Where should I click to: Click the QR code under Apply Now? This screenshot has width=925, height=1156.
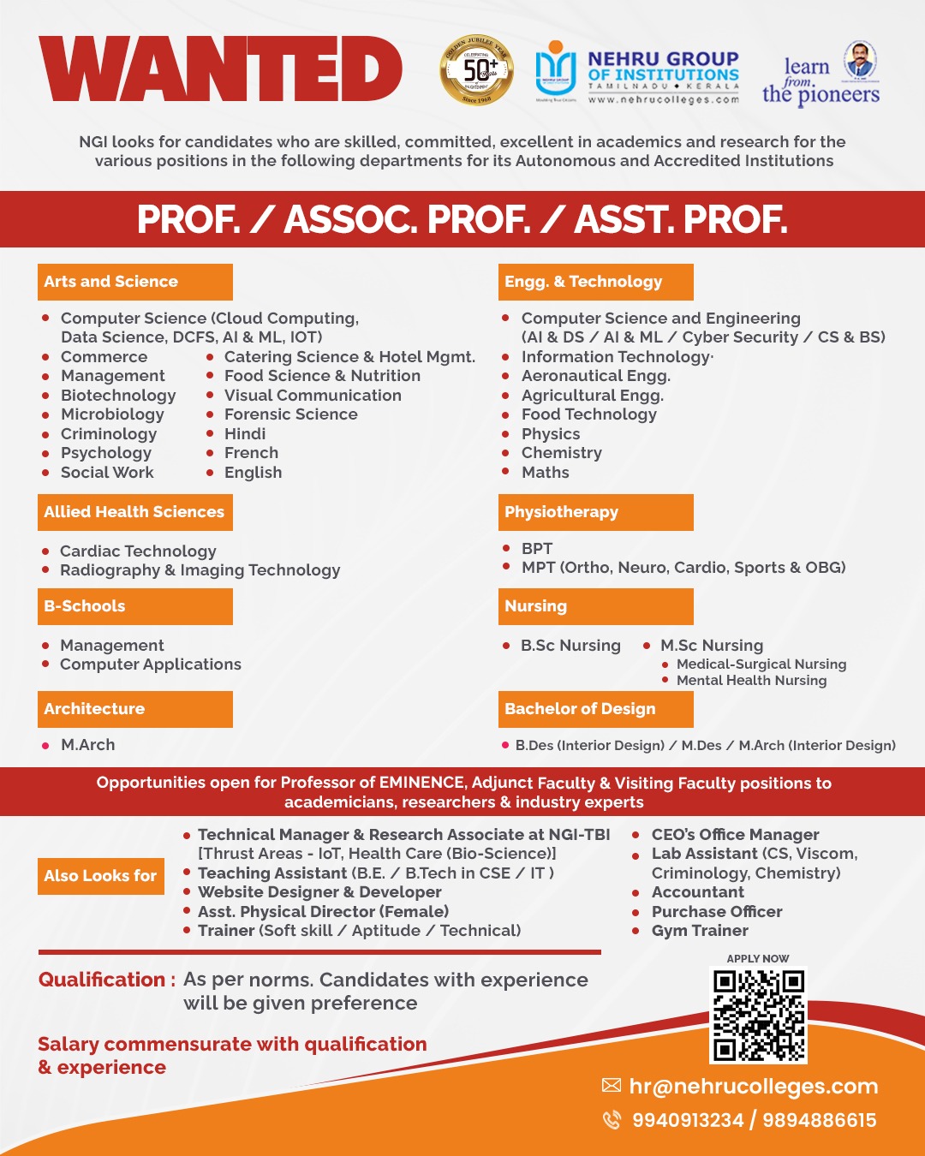tap(759, 1016)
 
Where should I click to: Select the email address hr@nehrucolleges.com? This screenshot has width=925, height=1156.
tap(753, 1087)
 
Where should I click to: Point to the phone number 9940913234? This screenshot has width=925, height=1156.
tap(687, 1120)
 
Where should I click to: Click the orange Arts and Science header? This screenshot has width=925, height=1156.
tap(134, 282)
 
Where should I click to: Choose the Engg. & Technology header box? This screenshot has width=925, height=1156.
tap(595, 282)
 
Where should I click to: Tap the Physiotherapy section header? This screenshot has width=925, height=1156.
tap(595, 512)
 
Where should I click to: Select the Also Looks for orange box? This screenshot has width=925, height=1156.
tap(101, 876)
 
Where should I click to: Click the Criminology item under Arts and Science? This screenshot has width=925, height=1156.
tap(109, 434)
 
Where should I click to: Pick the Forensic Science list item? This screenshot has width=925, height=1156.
tap(290, 414)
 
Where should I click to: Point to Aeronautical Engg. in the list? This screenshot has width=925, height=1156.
tap(595, 376)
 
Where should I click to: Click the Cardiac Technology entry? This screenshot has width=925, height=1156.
tap(138, 551)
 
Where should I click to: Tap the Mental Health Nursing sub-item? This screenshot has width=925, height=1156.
tap(751, 681)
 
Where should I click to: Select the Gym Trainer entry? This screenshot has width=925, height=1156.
tap(700, 931)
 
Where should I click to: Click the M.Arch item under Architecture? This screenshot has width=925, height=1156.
tap(87, 745)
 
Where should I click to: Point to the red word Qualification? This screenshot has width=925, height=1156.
tap(102, 980)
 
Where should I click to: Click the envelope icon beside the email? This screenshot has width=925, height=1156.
tap(612, 1086)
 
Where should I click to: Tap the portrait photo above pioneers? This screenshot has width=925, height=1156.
tap(859, 61)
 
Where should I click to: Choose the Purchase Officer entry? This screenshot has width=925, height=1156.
tap(717, 912)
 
